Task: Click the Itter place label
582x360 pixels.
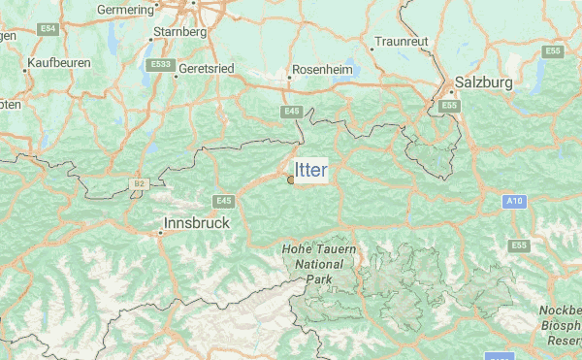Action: [x=311, y=171]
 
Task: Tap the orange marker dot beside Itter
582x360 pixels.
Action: [x=291, y=179]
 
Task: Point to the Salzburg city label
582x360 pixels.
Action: [x=483, y=82]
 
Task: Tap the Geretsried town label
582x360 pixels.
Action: [x=207, y=71]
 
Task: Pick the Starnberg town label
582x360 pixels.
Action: [x=180, y=32]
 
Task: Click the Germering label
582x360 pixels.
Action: [x=127, y=9]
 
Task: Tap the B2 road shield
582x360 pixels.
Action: [x=140, y=182]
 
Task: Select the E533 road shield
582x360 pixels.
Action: [x=161, y=64]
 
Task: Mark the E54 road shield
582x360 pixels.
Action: [x=48, y=30]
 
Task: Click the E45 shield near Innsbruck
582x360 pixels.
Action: [x=224, y=200]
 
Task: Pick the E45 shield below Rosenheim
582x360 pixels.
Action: [x=294, y=112]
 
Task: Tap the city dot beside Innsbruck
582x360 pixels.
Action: [x=160, y=232]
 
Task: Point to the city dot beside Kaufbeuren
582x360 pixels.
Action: [x=24, y=69]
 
